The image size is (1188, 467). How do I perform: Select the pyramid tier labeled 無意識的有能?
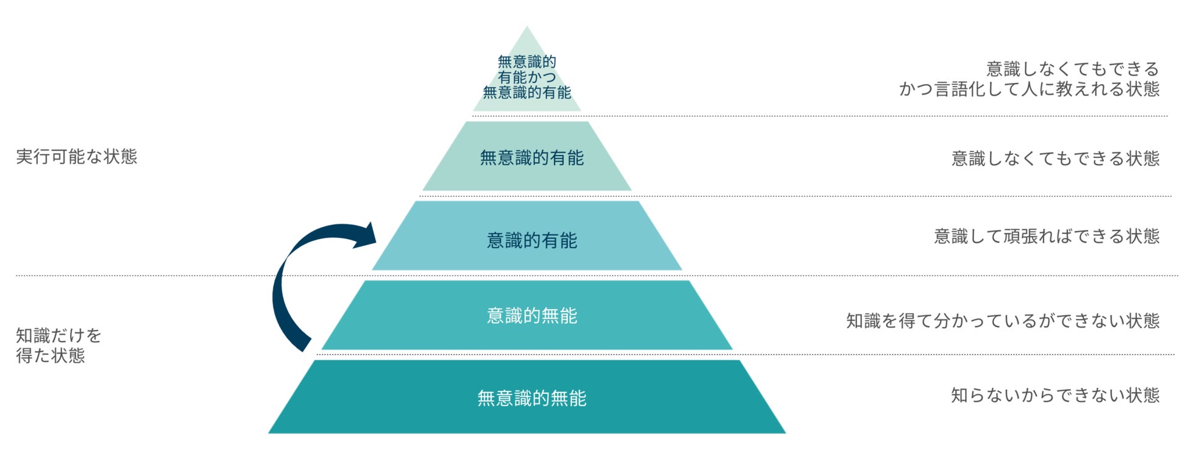531,158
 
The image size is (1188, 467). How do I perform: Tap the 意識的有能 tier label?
531,240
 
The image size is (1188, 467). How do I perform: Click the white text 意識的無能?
531,316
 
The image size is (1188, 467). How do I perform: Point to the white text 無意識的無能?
531,398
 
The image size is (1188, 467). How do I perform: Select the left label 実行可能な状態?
77,157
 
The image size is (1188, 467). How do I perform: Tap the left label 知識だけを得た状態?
58,345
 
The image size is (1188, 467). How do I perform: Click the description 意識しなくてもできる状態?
1055,159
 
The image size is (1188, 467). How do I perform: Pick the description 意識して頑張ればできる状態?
1047,236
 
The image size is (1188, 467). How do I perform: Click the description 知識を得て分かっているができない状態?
1003,321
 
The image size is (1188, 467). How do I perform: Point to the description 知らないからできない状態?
1055,395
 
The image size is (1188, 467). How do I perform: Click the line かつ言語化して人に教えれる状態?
1029,89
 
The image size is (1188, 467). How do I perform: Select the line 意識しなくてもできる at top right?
1072,69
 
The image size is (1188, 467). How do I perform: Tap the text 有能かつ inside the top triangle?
527,77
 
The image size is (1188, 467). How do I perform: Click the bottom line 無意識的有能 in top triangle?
527,93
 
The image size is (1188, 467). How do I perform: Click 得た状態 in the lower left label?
51,355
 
